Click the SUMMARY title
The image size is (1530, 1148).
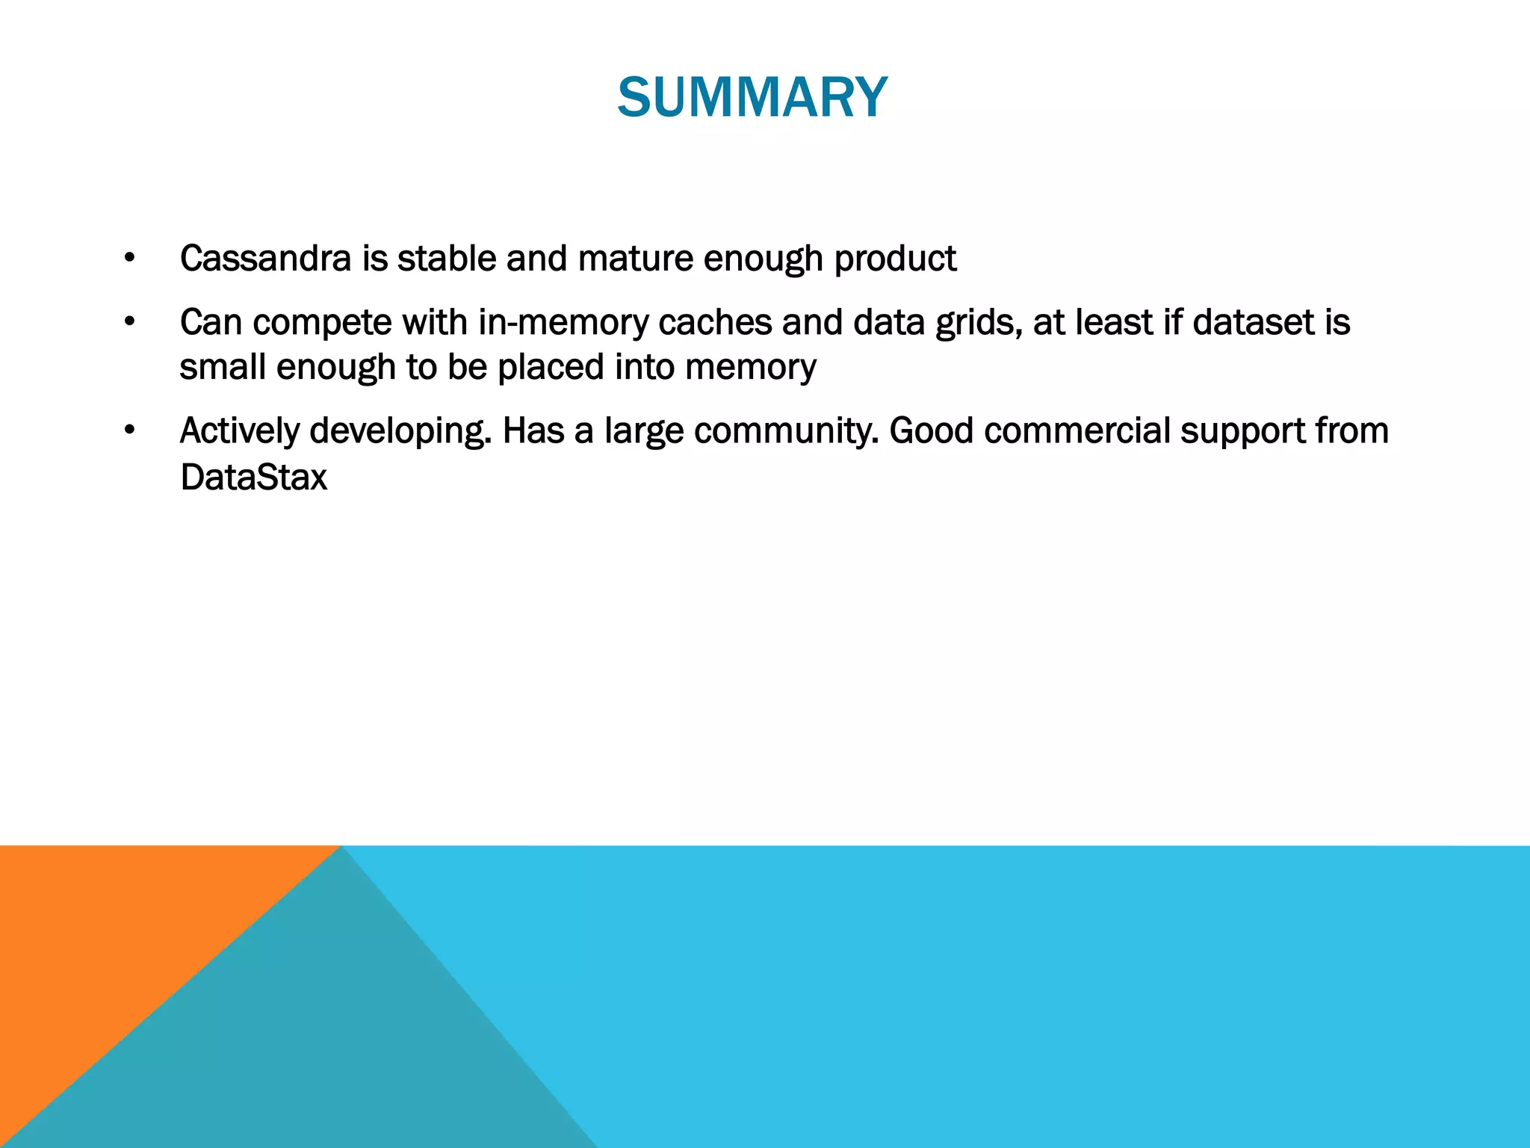(752, 98)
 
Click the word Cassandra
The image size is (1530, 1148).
(265, 259)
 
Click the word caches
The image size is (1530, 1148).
(715, 322)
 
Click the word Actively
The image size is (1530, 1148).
(239, 431)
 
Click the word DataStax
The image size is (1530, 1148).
(254, 477)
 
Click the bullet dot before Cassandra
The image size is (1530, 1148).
(130, 259)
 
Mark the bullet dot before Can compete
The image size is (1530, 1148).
(130, 323)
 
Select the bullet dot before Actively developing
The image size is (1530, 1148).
(130, 431)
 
